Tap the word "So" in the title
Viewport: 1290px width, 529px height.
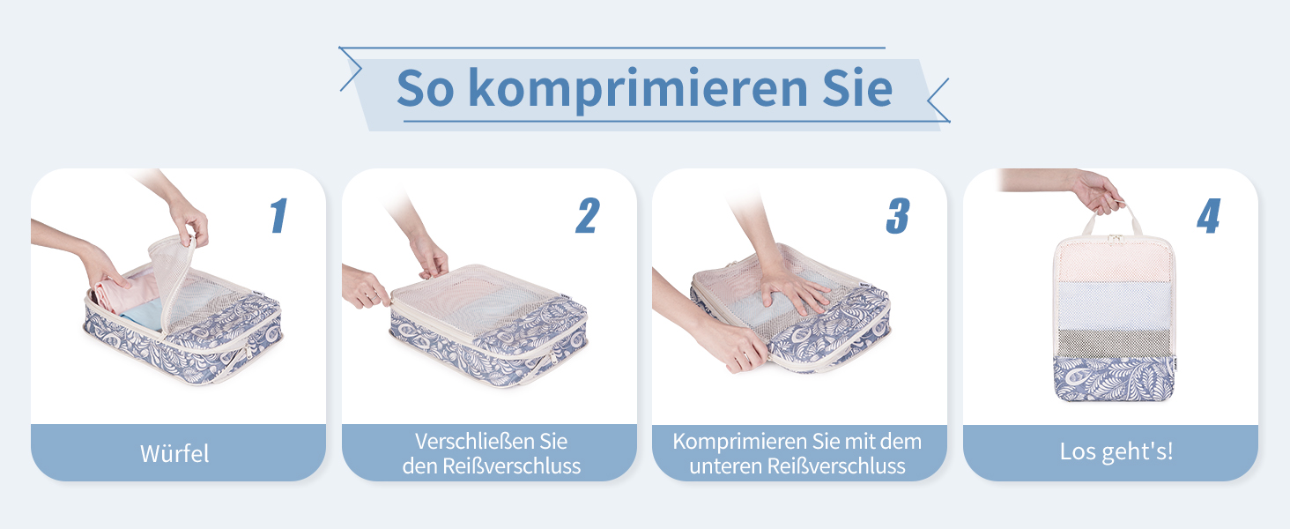click(x=425, y=88)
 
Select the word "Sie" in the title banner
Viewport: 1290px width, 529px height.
click(x=857, y=88)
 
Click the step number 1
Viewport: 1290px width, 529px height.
click(x=278, y=215)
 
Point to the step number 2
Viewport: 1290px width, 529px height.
click(x=588, y=215)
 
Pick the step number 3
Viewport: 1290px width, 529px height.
click(x=898, y=215)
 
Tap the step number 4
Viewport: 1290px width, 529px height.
click(x=1208, y=215)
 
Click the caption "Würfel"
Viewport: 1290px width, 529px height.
click(x=174, y=453)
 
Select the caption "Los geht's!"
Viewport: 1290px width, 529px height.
click(x=1116, y=451)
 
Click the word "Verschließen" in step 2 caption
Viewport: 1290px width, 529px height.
click(x=469, y=442)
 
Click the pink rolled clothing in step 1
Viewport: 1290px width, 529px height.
click(x=124, y=294)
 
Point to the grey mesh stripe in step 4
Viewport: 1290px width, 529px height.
click(x=1114, y=343)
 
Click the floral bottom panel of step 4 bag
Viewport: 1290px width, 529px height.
click(x=1114, y=378)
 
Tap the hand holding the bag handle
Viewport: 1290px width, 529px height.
click(x=1097, y=192)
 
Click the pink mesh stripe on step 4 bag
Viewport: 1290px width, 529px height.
click(x=1114, y=260)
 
